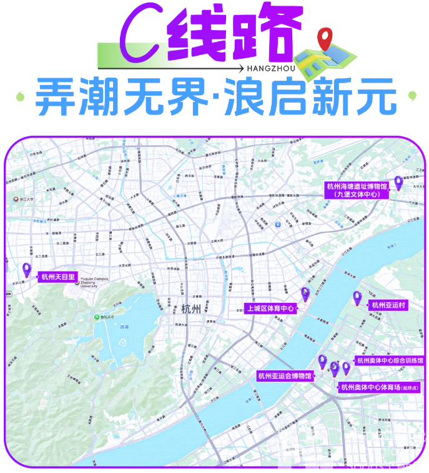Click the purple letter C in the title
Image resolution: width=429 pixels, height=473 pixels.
137,38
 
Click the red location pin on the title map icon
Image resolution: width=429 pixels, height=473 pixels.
324,38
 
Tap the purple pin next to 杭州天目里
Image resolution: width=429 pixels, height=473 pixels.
26,270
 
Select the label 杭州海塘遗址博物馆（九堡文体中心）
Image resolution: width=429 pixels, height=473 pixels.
357,190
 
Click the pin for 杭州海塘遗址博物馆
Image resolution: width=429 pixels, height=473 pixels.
398,182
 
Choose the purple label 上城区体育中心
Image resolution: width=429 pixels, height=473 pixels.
269,308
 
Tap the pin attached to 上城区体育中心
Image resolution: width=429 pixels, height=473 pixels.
305,294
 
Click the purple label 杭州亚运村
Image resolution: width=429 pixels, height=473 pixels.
388,305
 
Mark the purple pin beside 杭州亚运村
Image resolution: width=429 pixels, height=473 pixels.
358,298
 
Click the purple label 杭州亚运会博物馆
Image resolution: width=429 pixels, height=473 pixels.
284,375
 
